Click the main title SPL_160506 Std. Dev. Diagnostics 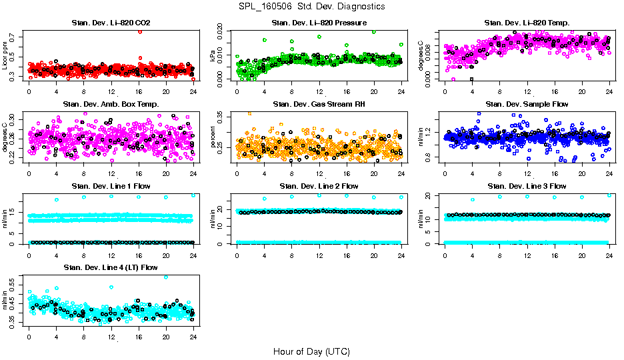[311, 6]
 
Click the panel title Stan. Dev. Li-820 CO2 [111, 23]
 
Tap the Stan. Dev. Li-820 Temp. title [527, 23]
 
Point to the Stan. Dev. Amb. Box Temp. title [111, 104]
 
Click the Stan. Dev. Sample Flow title [527, 104]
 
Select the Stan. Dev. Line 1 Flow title [111, 186]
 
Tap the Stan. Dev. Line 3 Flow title [527, 186]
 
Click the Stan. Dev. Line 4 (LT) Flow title [111, 267]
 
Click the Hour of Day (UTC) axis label [311, 351]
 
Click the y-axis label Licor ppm [5, 55]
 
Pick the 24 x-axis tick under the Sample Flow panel [609, 173]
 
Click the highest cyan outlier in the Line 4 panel [166, 277]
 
